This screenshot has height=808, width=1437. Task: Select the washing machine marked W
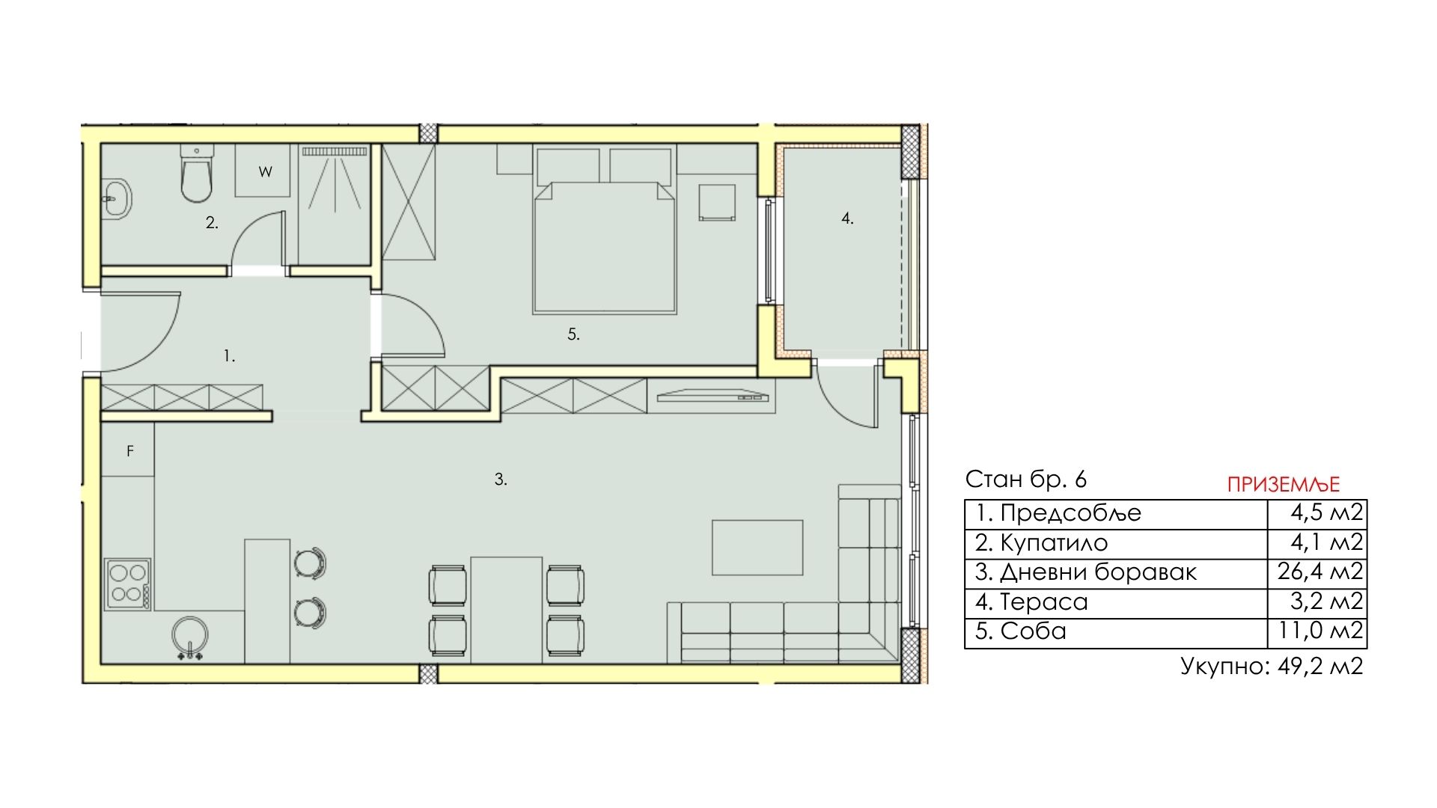tap(263, 171)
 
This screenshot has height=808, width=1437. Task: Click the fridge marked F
tap(129, 450)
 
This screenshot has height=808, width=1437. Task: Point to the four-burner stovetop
tap(128, 584)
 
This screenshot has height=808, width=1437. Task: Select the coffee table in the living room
tap(757, 548)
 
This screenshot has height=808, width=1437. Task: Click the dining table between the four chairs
tap(507, 610)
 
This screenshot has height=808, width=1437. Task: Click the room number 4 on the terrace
tap(846, 218)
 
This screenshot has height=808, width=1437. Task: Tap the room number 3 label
tap(501, 480)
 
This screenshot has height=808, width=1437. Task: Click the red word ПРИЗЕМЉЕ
tap(1284, 485)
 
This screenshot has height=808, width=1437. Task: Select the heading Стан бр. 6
tap(1025, 479)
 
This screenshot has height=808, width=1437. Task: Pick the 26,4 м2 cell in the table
tap(1320, 572)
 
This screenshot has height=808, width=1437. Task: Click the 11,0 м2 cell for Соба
tap(1320, 631)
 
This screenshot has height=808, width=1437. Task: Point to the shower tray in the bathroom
tap(335, 204)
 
